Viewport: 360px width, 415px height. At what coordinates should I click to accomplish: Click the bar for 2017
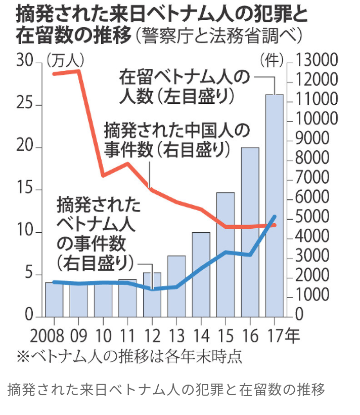tap(275, 205)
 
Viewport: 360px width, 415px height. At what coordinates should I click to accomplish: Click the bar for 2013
tap(176, 286)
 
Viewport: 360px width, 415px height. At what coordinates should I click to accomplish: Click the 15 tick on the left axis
tap(24, 190)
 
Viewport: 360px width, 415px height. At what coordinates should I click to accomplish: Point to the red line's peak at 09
tap(78, 71)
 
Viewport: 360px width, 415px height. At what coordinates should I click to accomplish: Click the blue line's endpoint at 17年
tap(275, 217)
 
